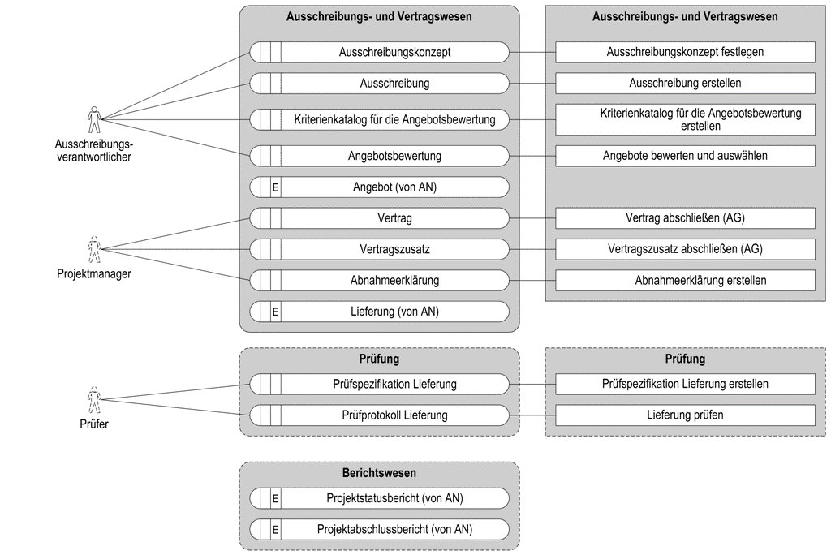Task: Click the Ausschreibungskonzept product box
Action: click(380, 52)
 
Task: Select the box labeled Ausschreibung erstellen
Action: click(685, 84)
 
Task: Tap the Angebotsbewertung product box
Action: click(380, 156)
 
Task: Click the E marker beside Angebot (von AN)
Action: click(276, 187)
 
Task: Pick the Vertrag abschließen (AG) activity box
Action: click(685, 218)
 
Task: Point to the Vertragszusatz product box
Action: click(380, 249)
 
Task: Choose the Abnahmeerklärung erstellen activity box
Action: click(685, 281)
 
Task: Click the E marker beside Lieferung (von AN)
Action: click(276, 312)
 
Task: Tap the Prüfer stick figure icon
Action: click(94, 400)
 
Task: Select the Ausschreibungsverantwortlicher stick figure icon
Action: click(94, 119)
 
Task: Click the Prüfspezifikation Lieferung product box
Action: click(380, 384)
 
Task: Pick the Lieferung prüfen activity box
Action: click(685, 415)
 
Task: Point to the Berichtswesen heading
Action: click(380, 473)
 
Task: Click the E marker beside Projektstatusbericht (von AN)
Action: click(276, 498)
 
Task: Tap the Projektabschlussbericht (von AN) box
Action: click(380, 529)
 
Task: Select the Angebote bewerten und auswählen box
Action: click(685, 156)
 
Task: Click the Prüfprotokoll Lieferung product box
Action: click(380, 415)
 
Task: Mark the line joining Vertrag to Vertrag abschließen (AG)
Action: click(532, 218)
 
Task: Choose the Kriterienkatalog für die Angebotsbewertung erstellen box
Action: click(685, 119)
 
